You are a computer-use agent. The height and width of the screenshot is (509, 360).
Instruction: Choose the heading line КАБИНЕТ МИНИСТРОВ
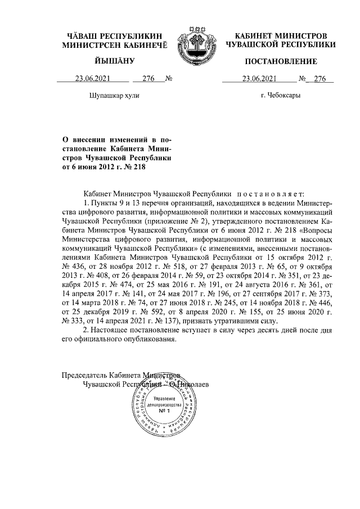(x=280, y=35)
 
